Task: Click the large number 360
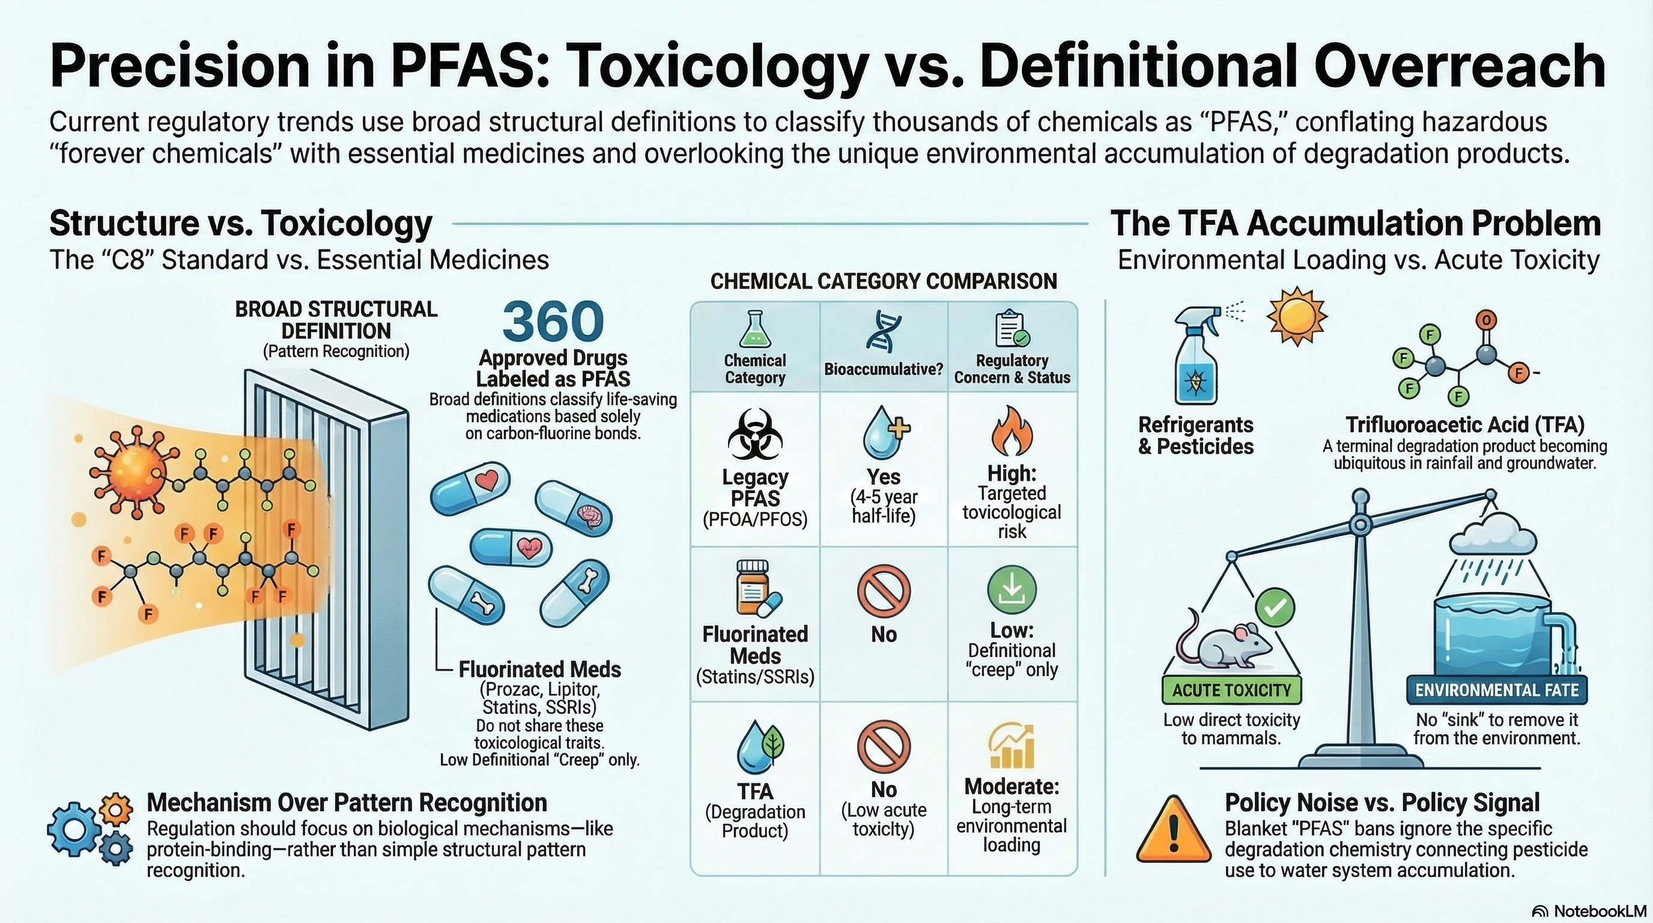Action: tap(553, 321)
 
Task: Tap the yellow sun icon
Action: tap(1296, 317)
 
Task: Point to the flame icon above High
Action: tap(1012, 431)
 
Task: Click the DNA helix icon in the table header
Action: tap(883, 333)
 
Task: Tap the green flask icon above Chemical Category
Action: tap(754, 329)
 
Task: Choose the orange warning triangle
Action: tap(1174, 830)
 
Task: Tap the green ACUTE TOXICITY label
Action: tap(1231, 690)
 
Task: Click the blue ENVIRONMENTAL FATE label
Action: tap(1496, 690)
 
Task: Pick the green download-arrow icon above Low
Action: tap(1012, 589)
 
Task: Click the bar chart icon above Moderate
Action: tap(1012, 746)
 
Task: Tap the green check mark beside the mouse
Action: tap(1275, 607)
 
